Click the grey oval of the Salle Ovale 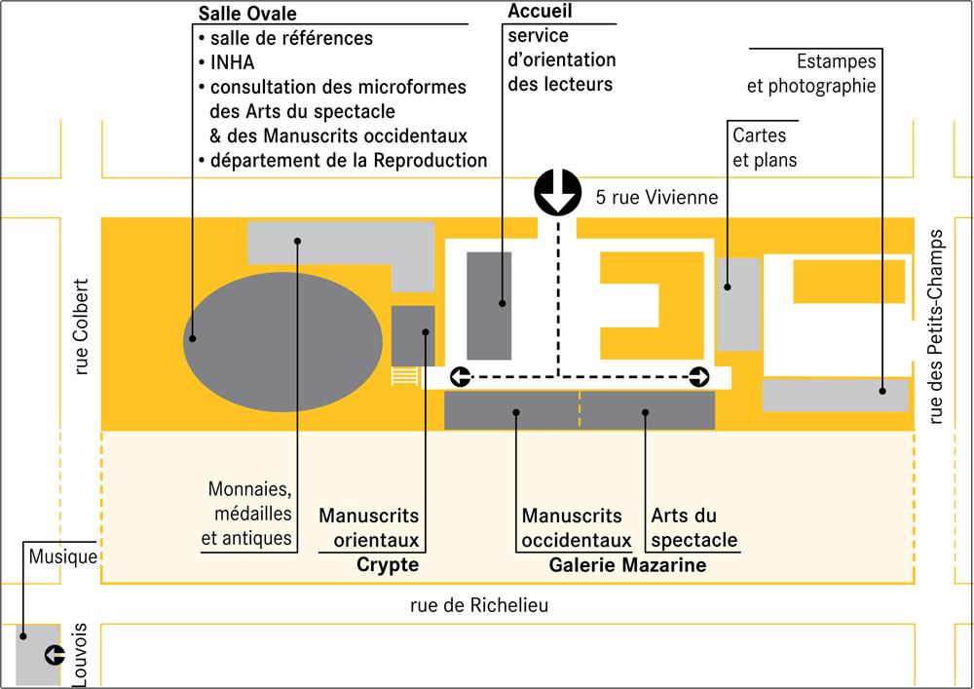pyautogui.click(x=282, y=342)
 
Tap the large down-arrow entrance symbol pyautogui.click(x=558, y=192)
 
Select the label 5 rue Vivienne pyautogui.click(x=656, y=198)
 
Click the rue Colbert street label pyautogui.click(x=82, y=326)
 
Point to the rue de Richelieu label pyautogui.click(x=479, y=605)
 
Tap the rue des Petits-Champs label pyautogui.click(x=934, y=327)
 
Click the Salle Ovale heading pyautogui.click(x=247, y=14)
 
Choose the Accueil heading pyautogui.click(x=540, y=11)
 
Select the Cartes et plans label pyautogui.click(x=764, y=147)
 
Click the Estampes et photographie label pyautogui.click(x=811, y=73)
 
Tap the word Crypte pyautogui.click(x=388, y=564)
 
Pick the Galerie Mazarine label pyautogui.click(x=627, y=564)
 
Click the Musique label pyautogui.click(x=62, y=556)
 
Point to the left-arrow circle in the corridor pyautogui.click(x=461, y=376)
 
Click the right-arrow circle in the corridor pyautogui.click(x=698, y=376)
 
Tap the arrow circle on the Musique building pyautogui.click(x=55, y=654)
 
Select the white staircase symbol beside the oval pyautogui.click(x=404, y=376)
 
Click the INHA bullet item pyautogui.click(x=227, y=62)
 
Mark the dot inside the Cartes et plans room pyautogui.click(x=728, y=287)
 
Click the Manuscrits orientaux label pyautogui.click(x=369, y=528)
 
